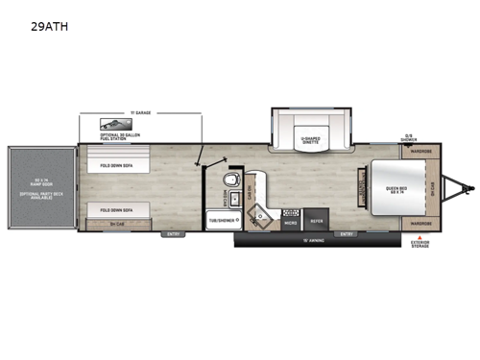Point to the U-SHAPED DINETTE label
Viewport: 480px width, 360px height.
click(308, 141)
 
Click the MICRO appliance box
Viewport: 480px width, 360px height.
click(289, 220)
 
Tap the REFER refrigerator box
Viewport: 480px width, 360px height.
click(318, 220)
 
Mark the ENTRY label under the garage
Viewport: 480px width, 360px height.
click(174, 233)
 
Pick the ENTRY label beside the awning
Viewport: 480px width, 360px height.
click(347, 233)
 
